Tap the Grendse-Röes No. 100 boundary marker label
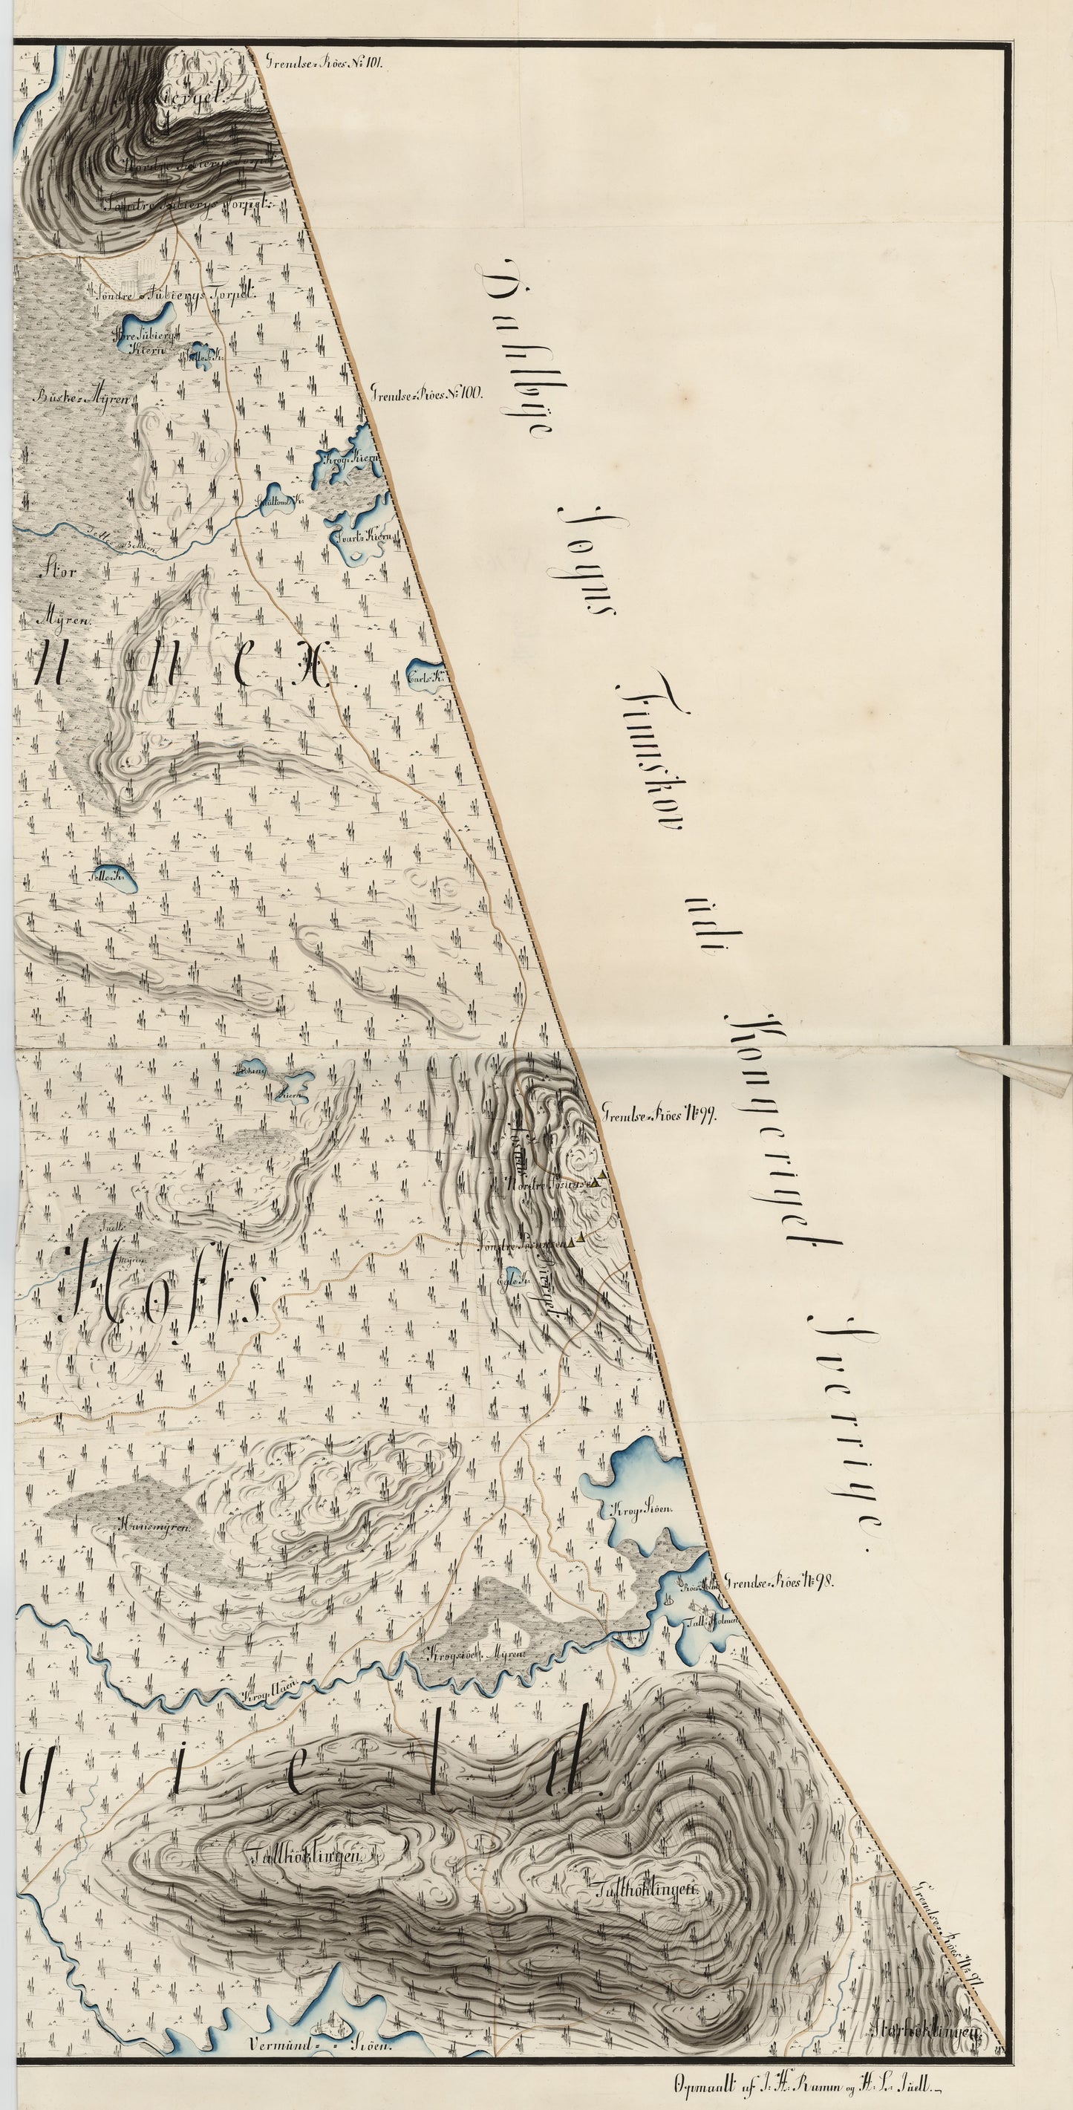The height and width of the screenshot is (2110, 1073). (428, 391)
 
